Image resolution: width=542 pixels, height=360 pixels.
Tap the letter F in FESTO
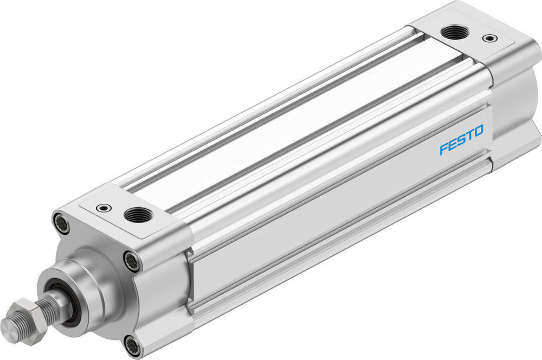coord(443,148)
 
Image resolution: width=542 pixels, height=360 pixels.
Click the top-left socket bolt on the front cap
coord(61,223)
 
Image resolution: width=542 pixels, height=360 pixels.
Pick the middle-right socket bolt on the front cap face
coord(132,261)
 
